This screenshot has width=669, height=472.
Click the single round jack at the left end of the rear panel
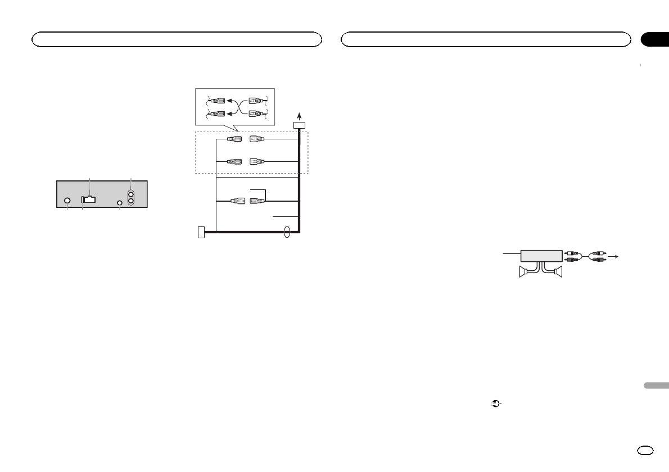[67, 201]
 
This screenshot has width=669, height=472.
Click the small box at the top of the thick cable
[299, 125]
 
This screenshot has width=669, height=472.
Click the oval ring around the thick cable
[288, 231]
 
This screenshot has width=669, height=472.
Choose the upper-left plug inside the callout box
[217, 101]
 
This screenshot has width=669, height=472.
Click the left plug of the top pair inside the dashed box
[234, 139]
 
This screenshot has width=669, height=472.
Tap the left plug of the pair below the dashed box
[238, 201]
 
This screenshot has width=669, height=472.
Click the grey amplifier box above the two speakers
[541, 256]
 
